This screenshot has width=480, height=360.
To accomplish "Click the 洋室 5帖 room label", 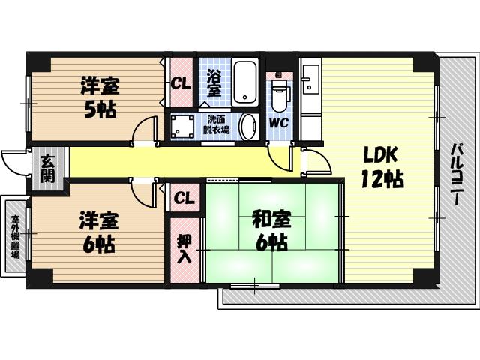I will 99,97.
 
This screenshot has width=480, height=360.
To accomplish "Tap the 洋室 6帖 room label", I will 98,232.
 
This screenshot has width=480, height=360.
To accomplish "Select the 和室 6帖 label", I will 269,231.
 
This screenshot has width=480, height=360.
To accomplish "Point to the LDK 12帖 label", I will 383,167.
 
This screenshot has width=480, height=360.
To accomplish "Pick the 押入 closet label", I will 184,248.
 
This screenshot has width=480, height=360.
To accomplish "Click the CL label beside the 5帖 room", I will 180,83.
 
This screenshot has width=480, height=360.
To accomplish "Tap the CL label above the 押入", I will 184,198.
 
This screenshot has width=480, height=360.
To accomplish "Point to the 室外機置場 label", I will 14,235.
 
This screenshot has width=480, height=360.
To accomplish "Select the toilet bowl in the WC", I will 280,95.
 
